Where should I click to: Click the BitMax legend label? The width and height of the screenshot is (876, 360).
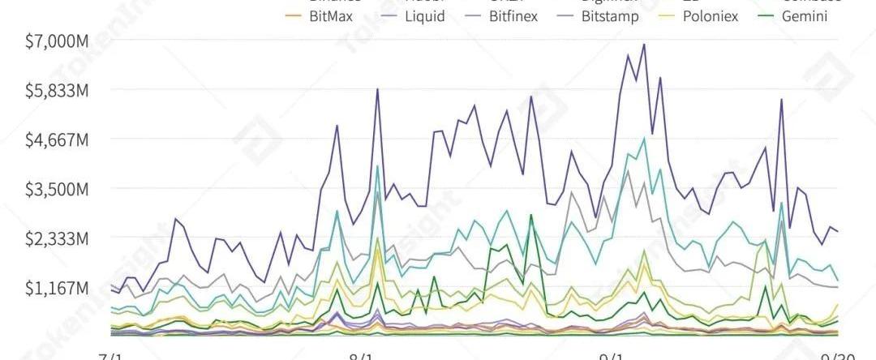point(331,16)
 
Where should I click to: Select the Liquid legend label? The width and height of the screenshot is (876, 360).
point(425,16)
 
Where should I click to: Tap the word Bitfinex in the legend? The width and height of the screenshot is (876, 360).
point(513,16)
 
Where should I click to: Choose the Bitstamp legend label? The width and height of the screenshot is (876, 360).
point(610,16)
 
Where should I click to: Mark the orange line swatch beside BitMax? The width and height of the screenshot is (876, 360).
point(291,16)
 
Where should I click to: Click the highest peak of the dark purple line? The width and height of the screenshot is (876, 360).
point(644,45)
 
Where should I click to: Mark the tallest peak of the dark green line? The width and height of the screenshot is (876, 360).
point(531,216)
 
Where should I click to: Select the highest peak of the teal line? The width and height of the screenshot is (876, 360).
point(644,139)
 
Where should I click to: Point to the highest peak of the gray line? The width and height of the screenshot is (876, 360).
point(627,171)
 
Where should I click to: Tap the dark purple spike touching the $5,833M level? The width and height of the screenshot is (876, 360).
point(377,90)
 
